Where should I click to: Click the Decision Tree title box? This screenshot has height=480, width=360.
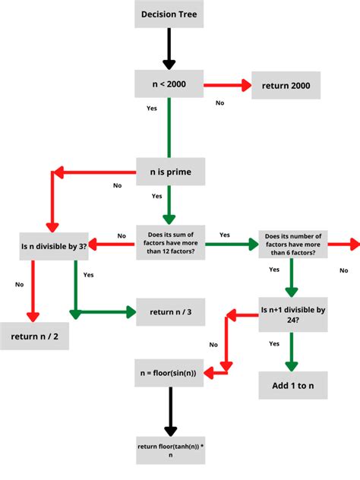(169, 14)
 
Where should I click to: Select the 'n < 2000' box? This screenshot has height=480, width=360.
(169, 84)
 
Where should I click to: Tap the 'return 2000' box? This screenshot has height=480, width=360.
(286, 85)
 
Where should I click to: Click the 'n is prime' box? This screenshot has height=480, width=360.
(169, 172)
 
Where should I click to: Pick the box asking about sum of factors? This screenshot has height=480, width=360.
(170, 244)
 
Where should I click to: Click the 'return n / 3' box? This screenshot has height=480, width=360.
(170, 311)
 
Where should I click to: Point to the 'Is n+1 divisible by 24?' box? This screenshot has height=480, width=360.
(293, 314)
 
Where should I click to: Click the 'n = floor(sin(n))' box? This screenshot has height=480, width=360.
(169, 373)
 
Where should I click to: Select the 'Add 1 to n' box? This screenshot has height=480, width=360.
(293, 386)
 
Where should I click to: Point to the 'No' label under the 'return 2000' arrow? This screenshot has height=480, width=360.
(220, 102)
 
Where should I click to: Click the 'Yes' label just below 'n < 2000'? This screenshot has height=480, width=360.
(151, 109)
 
